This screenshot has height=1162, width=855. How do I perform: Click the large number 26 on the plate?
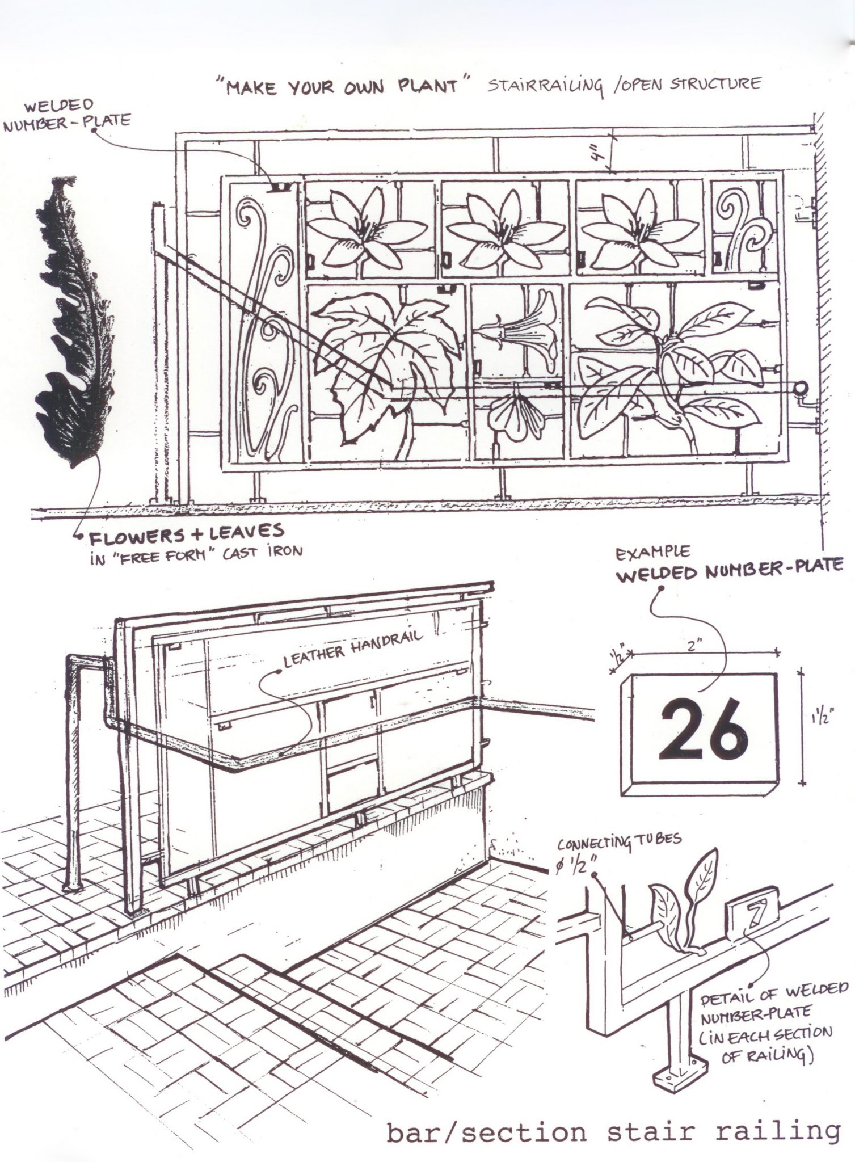[702, 731]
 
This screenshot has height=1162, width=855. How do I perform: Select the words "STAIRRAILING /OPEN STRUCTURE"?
[623, 86]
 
